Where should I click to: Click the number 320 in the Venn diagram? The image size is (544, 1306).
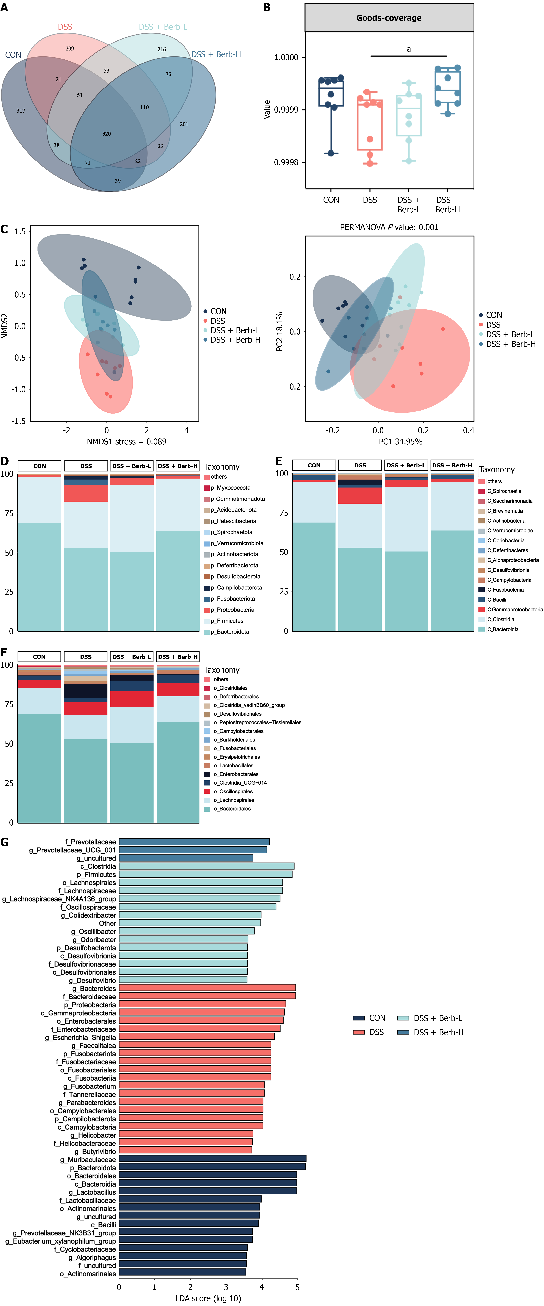106,134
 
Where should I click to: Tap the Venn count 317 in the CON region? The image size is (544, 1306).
21,111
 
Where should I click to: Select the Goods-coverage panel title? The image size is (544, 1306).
389,18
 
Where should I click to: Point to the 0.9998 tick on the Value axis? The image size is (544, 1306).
286,162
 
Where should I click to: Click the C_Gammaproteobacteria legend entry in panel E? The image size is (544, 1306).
515,609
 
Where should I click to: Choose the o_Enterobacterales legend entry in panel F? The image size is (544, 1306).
236,774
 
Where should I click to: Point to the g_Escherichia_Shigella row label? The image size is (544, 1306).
81,1037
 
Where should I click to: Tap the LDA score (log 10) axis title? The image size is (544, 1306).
208,1298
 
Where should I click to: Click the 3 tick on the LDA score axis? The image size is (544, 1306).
226,1287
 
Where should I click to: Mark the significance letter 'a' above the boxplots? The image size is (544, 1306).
409,49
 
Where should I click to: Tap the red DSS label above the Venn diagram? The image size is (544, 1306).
65,27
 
